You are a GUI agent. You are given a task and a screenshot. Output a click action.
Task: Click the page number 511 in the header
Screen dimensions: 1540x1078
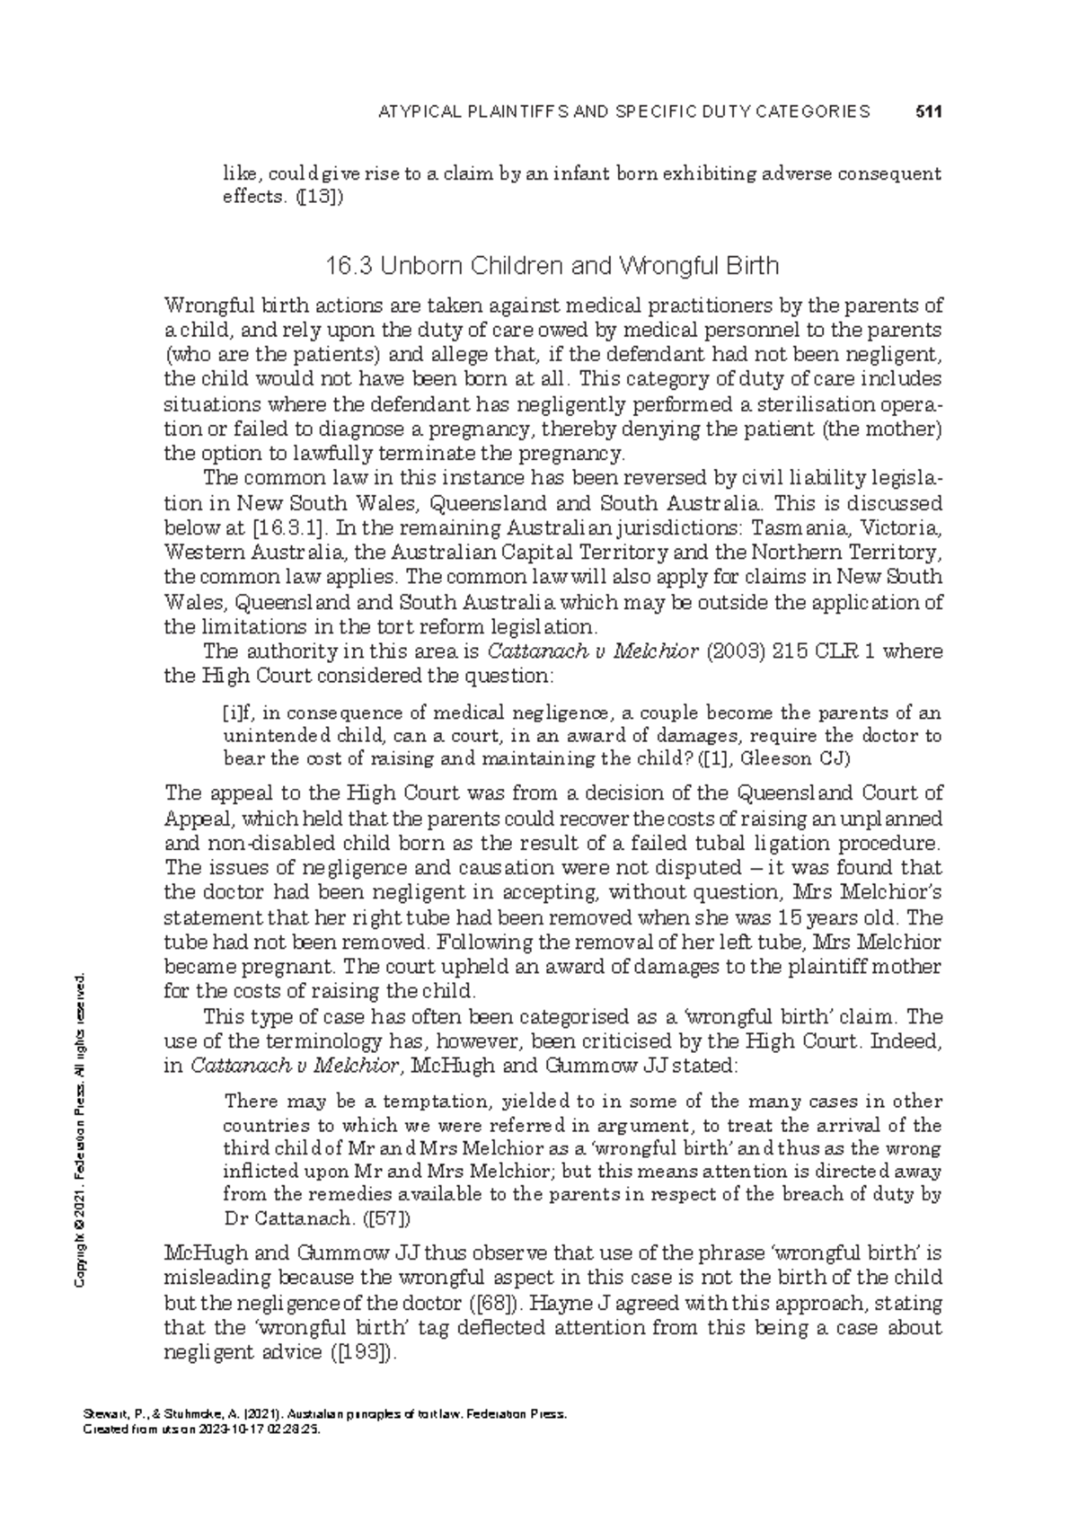pyautogui.click(x=926, y=112)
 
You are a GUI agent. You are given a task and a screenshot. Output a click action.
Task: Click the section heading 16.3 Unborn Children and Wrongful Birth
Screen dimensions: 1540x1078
pyautogui.click(x=552, y=266)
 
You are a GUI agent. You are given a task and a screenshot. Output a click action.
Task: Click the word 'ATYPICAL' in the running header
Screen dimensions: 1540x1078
pyautogui.click(x=418, y=112)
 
